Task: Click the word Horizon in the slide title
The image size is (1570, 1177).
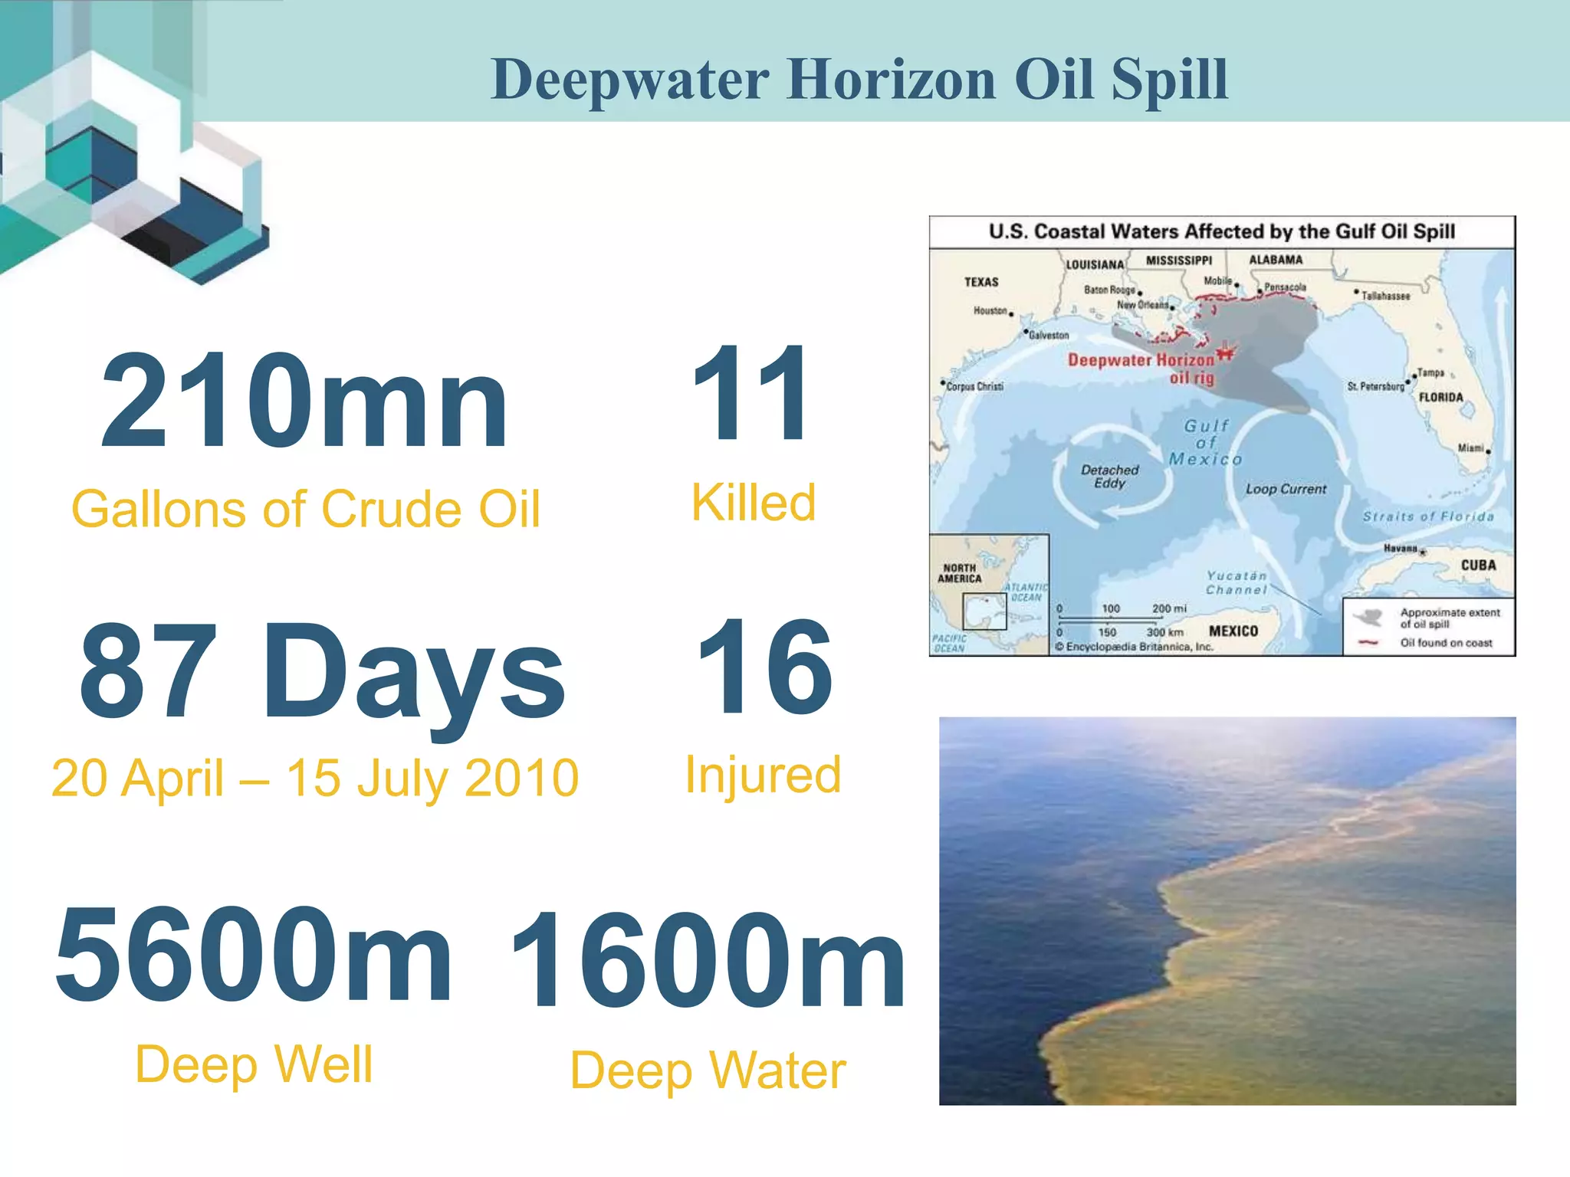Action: (893, 79)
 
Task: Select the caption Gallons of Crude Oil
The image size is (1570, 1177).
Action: (306, 510)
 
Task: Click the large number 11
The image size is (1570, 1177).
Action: (750, 394)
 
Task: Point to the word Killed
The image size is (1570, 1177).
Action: (754, 503)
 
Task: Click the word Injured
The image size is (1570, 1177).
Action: (764, 775)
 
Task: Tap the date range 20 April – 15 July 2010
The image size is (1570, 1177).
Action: (315, 779)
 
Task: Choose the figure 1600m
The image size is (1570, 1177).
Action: (707, 961)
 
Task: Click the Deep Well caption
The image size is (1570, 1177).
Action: (254, 1064)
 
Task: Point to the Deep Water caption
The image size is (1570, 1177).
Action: (708, 1070)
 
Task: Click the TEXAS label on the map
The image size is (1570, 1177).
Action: (981, 282)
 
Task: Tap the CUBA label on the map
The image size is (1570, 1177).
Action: (1478, 566)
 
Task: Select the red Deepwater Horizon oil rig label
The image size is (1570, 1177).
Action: (1141, 368)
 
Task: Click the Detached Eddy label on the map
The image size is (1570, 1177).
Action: (1109, 476)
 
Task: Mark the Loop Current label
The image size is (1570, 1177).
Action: (1286, 489)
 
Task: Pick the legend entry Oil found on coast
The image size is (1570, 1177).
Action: (1446, 643)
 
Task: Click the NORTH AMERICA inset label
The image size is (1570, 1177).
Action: (959, 573)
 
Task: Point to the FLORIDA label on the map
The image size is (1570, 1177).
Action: (1440, 397)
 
